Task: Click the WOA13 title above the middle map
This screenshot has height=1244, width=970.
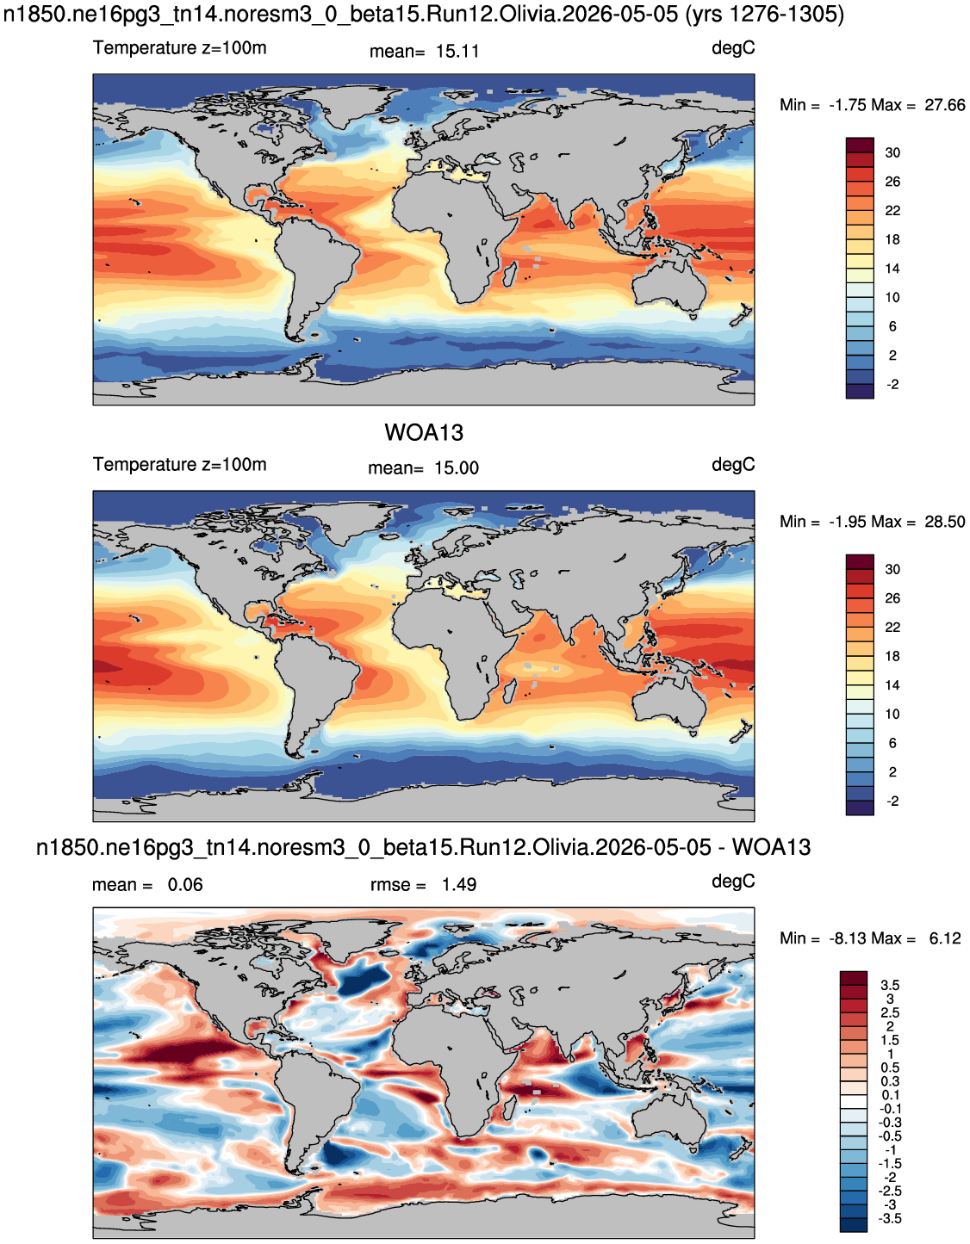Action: click(424, 433)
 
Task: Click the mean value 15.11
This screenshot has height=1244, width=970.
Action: click(457, 52)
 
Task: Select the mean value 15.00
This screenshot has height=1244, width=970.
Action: click(457, 468)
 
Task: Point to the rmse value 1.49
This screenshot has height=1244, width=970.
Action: click(458, 885)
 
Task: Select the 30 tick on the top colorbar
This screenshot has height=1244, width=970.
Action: click(892, 153)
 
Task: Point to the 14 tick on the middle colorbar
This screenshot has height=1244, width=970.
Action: click(892, 685)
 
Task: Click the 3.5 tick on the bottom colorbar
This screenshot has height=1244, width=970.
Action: click(890, 985)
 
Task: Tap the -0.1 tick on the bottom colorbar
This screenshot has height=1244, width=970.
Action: click(890, 1109)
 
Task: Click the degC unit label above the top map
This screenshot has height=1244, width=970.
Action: click(733, 49)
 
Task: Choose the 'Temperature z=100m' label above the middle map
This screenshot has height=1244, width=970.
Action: click(180, 464)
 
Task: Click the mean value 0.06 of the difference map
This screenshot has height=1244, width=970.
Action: click(185, 885)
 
